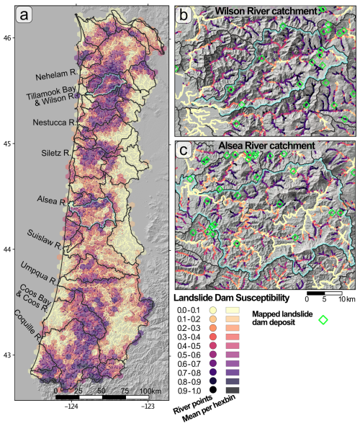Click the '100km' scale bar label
[109, 391]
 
